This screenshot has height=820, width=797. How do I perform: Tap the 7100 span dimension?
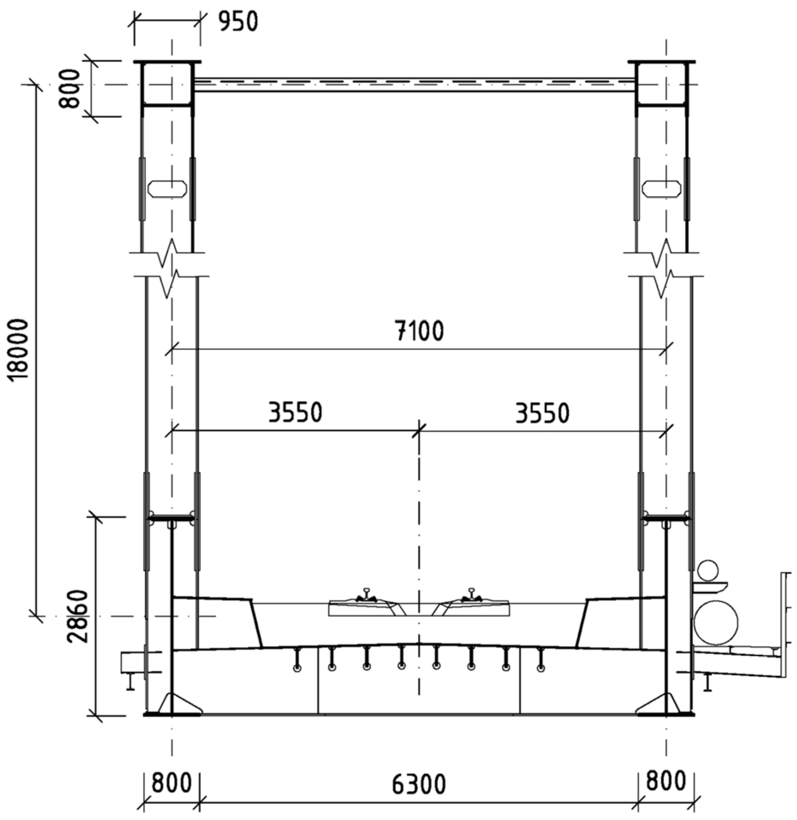tap(419, 331)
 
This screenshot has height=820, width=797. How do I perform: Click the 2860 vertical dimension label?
tap(78, 616)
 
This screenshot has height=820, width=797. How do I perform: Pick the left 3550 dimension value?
tap(295, 413)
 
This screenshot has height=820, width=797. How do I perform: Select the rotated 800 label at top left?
tap(70, 89)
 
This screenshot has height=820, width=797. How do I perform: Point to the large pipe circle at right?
tap(716, 622)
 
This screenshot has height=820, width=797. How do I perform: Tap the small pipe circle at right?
tap(708, 571)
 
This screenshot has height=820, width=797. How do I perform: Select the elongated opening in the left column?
tap(167, 189)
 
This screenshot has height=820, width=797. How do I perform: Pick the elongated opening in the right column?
tap(661, 189)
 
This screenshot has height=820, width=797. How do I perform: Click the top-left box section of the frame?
tap(167, 84)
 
